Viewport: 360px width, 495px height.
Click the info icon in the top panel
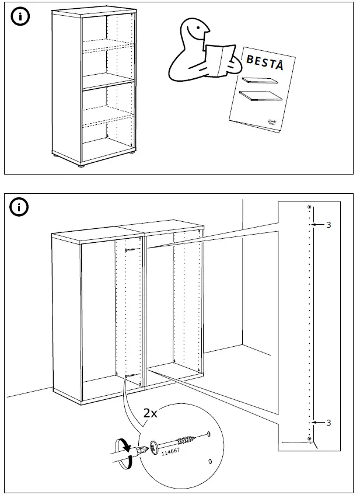pos(20,16)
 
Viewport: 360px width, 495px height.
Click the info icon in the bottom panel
pos(20,207)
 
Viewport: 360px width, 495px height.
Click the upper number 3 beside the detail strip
pos(328,225)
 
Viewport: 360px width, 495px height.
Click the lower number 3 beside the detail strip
pos(328,422)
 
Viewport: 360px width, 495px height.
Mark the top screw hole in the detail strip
pos(309,208)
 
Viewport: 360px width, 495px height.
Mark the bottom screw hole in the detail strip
pos(309,438)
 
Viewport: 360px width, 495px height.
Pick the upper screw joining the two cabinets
pos(130,250)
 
